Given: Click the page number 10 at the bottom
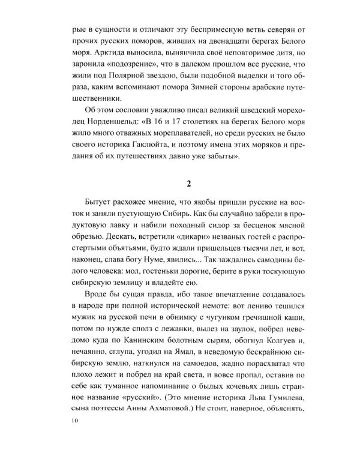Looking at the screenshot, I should [x=74, y=423].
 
